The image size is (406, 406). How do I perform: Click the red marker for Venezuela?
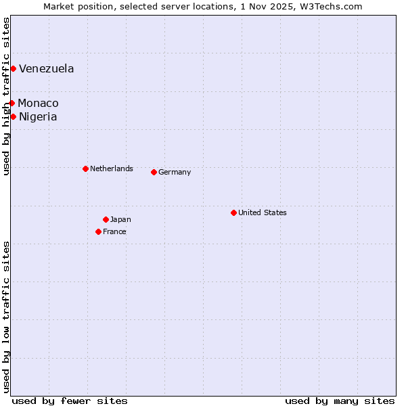coord(13,68)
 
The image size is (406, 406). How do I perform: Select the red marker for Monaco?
coord(12,103)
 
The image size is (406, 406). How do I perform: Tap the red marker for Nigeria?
coord(13,116)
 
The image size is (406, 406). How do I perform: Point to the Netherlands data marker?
coord(85,168)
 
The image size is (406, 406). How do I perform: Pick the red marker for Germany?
coord(154,172)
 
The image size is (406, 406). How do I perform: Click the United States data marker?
coord(233,212)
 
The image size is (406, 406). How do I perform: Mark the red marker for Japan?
coord(106,219)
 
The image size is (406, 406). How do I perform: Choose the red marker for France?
coord(98,231)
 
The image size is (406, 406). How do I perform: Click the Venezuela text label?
coord(47,68)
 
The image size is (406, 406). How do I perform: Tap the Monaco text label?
coord(38,103)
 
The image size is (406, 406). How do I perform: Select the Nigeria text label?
coord(38,116)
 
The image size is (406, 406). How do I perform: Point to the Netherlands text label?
coord(112,168)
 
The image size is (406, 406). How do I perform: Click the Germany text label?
coord(175,172)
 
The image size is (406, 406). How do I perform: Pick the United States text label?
coord(263,212)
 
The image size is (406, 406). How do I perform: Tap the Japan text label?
coord(120,219)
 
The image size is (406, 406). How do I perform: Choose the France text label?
coord(114,231)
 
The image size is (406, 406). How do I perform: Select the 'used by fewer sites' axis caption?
coord(70,401)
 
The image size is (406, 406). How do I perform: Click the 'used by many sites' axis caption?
coord(340,401)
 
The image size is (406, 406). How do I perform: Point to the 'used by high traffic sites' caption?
coord(6,96)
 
